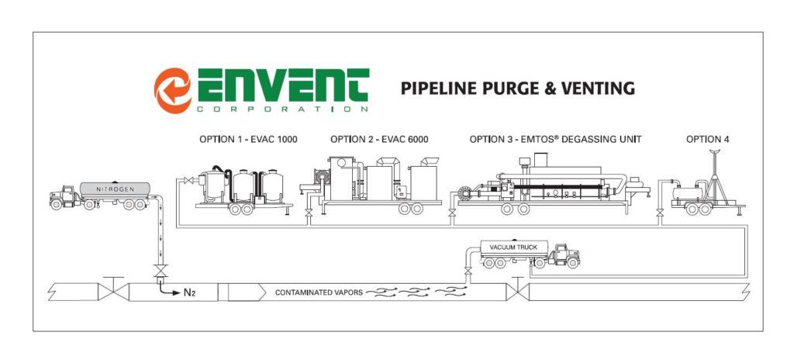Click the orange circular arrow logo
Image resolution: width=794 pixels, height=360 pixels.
pos(173,90)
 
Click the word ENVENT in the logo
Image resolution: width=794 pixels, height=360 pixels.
pos(283,85)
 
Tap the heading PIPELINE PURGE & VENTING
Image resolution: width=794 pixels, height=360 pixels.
pos(517,88)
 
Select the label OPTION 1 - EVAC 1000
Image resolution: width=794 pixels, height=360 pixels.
pos(248,140)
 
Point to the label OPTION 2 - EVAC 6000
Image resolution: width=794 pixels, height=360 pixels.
pos(379,140)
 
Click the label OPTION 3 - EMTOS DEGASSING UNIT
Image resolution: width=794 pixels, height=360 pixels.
pos(555,140)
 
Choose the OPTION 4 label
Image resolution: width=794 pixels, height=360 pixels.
pos(707,140)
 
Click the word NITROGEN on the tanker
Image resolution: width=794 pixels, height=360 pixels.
pos(116,189)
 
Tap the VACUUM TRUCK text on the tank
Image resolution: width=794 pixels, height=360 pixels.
pos(513,247)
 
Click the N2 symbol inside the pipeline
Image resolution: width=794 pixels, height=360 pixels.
pos(189,292)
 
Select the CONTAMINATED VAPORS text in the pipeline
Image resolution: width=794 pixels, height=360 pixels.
pos(319,292)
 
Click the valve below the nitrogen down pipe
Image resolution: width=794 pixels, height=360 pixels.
pos(160,272)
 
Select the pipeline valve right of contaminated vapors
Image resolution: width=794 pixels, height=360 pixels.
pos(517,290)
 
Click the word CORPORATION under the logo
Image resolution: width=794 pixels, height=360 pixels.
pos(282,109)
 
